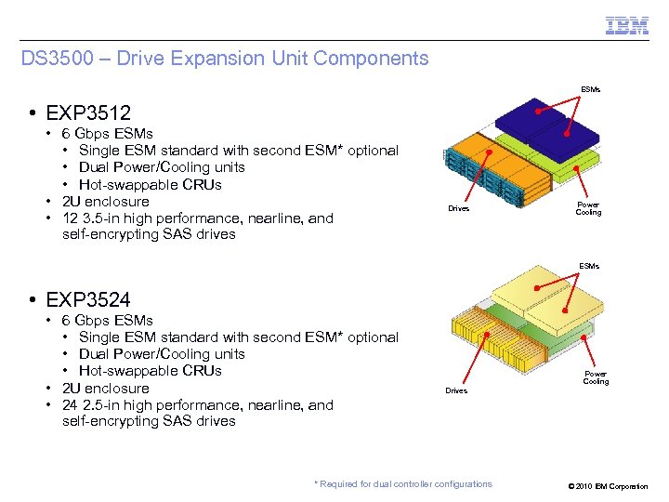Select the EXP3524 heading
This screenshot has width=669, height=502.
(x=91, y=300)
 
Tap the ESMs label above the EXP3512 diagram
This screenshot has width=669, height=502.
(x=590, y=90)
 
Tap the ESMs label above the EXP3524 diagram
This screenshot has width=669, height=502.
(x=590, y=266)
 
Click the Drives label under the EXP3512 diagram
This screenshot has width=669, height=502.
(x=459, y=208)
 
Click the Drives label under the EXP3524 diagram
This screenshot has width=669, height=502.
(x=456, y=390)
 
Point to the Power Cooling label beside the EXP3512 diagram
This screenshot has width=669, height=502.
(x=588, y=208)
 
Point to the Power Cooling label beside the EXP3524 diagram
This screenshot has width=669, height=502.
(x=596, y=377)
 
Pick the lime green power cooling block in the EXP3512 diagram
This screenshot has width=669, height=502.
(x=576, y=167)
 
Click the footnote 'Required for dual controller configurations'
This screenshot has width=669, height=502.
(x=403, y=483)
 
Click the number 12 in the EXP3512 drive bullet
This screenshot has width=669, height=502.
(x=71, y=218)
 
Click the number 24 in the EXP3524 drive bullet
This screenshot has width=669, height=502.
(x=71, y=405)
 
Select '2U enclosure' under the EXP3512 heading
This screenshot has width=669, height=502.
(x=105, y=202)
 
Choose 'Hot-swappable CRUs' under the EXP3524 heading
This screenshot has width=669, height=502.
(x=151, y=371)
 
